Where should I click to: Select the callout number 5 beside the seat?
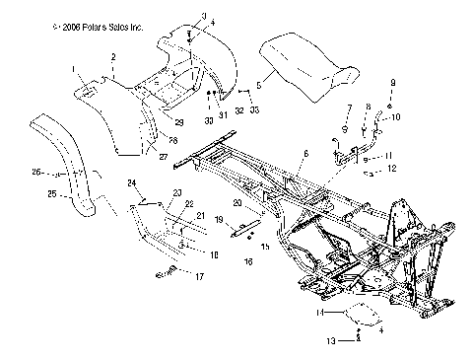tap(259, 86)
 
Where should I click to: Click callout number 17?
tap(200, 277)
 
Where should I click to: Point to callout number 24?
tap(130, 183)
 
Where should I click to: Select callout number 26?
tap(34, 173)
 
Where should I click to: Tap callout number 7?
tap(348, 107)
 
